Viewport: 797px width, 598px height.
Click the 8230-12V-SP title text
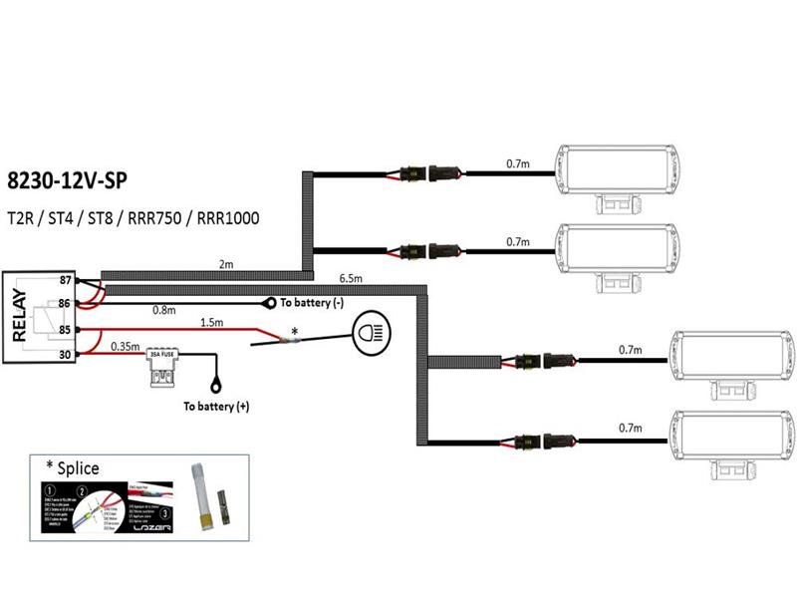point(68,181)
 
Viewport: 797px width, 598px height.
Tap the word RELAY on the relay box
point(19,316)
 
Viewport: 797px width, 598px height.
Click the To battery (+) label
point(215,407)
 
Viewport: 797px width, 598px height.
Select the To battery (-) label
point(311,303)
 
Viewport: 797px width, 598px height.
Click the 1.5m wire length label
point(211,323)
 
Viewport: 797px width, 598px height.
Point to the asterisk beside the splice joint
point(294,330)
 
